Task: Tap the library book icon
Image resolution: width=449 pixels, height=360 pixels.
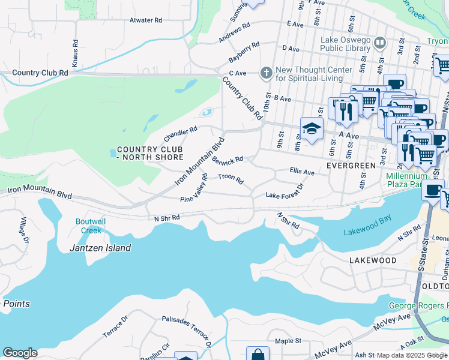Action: pos(379,43)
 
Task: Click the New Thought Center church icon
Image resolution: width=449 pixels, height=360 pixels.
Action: pos(266,73)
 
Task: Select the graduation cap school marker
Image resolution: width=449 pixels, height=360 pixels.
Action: pos(312,128)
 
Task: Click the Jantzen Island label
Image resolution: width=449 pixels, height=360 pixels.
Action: pos(100,248)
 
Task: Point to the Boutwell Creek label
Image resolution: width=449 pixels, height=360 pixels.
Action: pos(89,226)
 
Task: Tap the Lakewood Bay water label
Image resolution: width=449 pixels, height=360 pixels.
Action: pos(367,232)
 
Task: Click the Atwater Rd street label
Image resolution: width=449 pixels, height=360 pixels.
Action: pos(146,20)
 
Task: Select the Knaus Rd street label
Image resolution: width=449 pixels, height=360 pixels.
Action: pos(75,54)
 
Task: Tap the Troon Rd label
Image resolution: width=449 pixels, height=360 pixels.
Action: pos(231,178)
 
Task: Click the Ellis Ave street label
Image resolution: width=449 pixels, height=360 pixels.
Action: pos(302,172)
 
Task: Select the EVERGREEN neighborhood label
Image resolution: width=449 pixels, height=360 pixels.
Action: pos(351,164)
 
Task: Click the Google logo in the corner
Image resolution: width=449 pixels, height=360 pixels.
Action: pos(20,353)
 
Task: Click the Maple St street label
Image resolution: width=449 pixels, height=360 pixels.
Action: pos(288,341)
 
